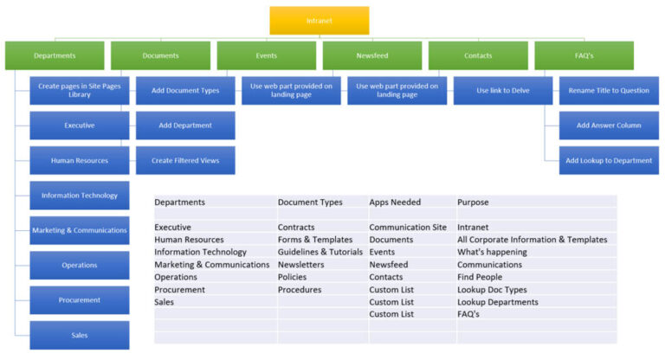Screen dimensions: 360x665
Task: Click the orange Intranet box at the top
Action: pyautogui.click(x=319, y=21)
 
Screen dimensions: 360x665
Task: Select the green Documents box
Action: pyautogui.click(x=160, y=56)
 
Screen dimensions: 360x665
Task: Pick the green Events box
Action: pyautogui.click(x=266, y=56)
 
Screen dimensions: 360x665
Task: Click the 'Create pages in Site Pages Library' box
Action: pyautogui.click(x=80, y=90)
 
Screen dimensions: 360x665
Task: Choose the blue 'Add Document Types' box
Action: pyautogui.click(x=185, y=90)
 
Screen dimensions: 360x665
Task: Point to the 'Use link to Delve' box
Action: pyautogui.click(x=503, y=90)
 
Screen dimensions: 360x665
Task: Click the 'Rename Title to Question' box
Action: pyautogui.click(x=609, y=90)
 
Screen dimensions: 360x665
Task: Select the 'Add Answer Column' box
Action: pyautogui.click(x=609, y=125)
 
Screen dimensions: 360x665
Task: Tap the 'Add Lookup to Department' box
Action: pyautogui.click(x=609, y=160)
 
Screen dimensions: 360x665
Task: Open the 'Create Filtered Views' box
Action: pyautogui.click(x=185, y=160)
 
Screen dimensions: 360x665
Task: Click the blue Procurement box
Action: pyautogui.click(x=80, y=300)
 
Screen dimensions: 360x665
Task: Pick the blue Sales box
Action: pyautogui.click(x=80, y=335)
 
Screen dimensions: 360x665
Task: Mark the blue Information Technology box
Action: pyautogui.click(x=80, y=196)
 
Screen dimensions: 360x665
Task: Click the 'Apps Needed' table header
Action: pyautogui.click(x=395, y=202)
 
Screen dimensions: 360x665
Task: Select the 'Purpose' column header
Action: pyautogui.click(x=474, y=202)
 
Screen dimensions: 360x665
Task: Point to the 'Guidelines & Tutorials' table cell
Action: pyautogui.click(x=320, y=252)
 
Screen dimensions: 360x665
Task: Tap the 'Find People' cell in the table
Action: pyautogui.click(x=480, y=277)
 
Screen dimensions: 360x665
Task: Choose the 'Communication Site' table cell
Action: pyautogui.click(x=408, y=228)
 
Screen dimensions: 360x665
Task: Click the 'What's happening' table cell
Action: pyautogui.click(x=493, y=252)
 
